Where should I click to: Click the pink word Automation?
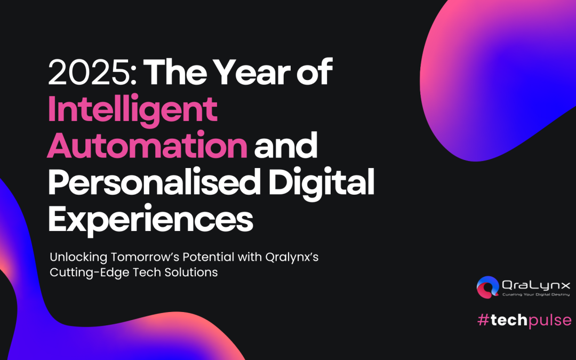point(147,146)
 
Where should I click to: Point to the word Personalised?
point(154,181)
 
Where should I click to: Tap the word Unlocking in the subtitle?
point(78,257)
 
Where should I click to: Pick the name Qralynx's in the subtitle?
point(292,257)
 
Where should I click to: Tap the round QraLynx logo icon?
point(488,287)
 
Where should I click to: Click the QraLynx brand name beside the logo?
point(536,285)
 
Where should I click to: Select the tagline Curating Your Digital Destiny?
point(536,294)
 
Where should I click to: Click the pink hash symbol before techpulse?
point(483,320)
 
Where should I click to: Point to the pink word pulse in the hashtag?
point(550,321)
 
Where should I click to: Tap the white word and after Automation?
point(286,146)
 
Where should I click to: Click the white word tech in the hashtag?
point(509,320)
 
